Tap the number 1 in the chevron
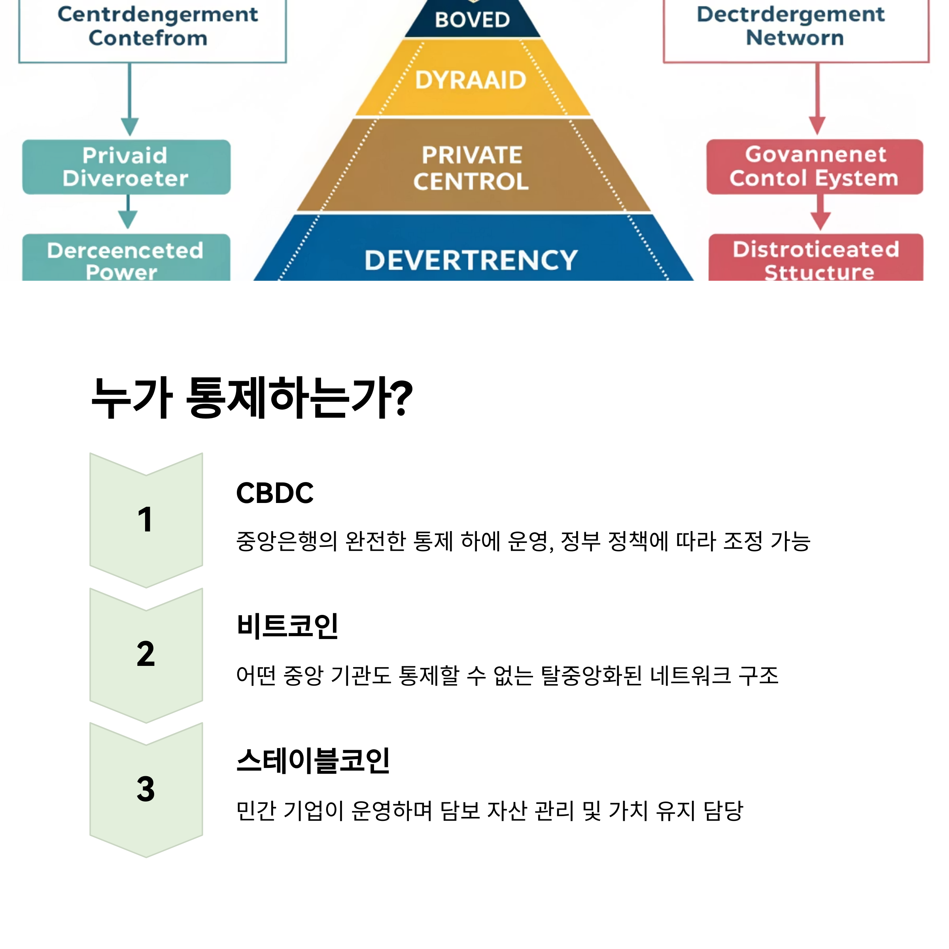pos(146,520)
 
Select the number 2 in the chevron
pos(146,654)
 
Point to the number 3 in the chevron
pos(146,789)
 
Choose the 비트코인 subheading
pos(287,626)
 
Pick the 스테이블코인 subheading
pos(313,761)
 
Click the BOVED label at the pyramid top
pos(472,20)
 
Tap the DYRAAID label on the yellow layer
pos(471,80)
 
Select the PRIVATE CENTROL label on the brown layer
pos(471,168)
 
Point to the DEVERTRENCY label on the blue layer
pos(471,260)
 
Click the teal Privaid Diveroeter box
pos(126,167)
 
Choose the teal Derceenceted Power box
pos(126,258)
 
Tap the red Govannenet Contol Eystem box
pos(815,167)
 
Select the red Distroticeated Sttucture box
pos(815,258)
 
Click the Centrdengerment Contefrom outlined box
pos(152,27)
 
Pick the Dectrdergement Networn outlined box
pos(796,27)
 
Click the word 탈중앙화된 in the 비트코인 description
pos(592,676)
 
